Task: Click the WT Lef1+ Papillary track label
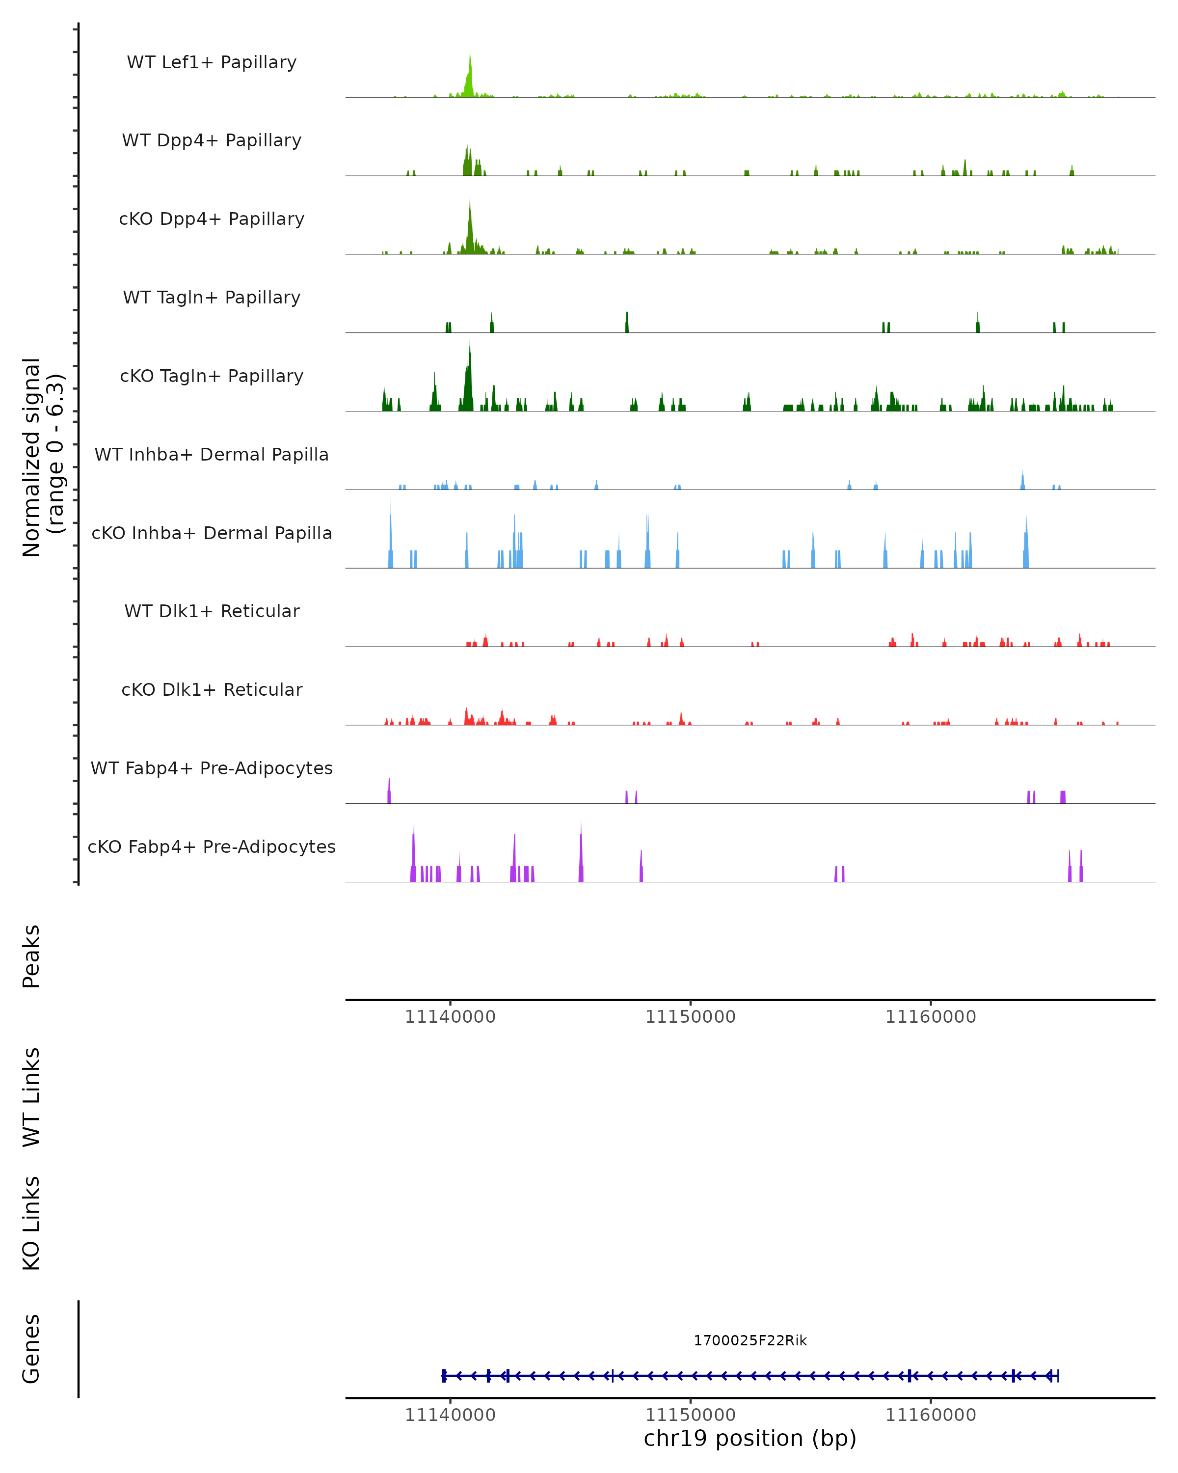[x=212, y=62]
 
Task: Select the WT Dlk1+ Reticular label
[x=212, y=611]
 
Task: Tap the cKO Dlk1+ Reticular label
[x=212, y=689]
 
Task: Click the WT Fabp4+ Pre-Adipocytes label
[x=212, y=768]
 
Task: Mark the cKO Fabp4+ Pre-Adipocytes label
[x=212, y=846]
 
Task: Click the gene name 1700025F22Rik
[x=750, y=1340]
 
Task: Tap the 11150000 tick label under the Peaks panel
[x=691, y=1017]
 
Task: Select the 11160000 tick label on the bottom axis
[x=931, y=1415]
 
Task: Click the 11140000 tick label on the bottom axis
[x=450, y=1415]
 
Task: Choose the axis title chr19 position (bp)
[x=750, y=1439]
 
